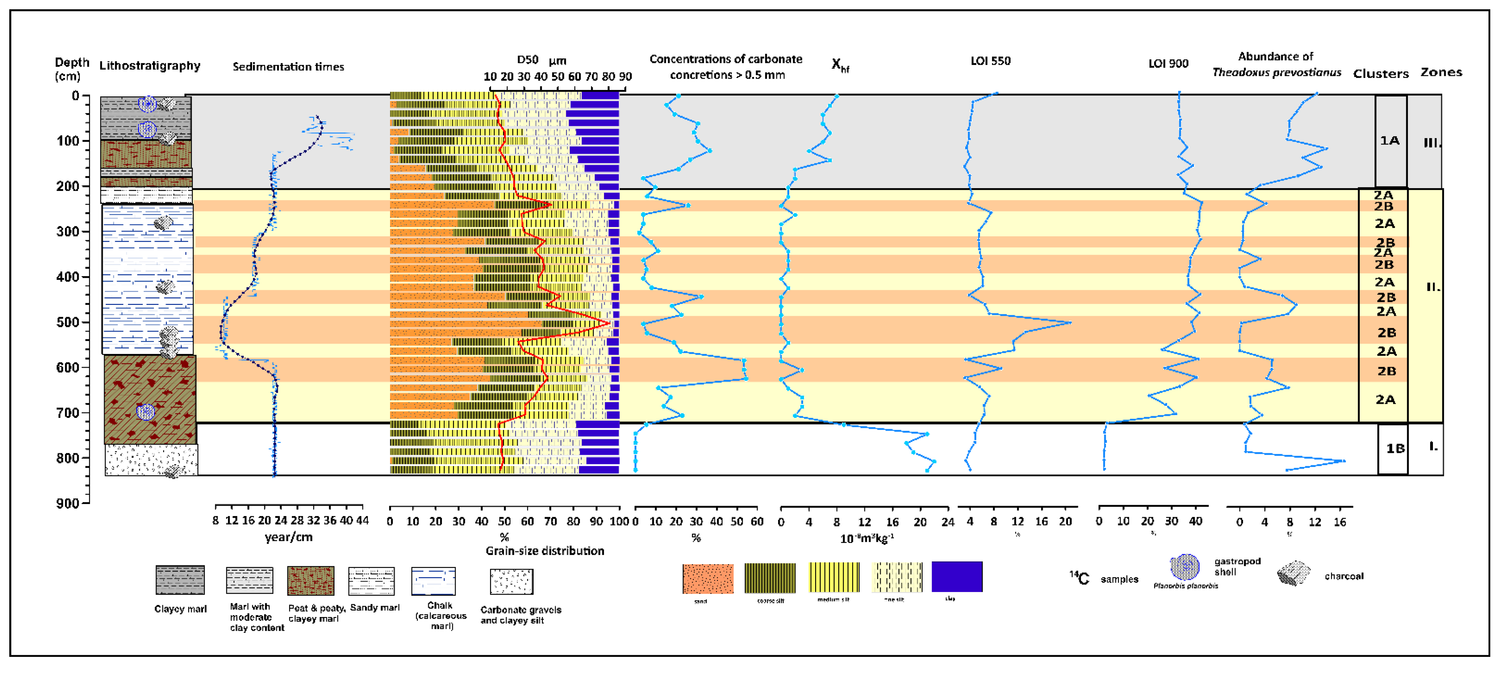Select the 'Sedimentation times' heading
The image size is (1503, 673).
(x=288, y=67)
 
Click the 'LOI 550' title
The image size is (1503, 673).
(x=990, y=61)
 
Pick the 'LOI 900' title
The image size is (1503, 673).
(x=1168, y=64)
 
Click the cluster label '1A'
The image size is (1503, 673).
(x=1389, y=140)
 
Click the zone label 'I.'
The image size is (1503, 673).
(x=1433, y=447)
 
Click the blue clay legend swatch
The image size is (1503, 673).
(x=957, y=577)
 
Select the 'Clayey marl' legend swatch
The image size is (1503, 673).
(x=180, y=580)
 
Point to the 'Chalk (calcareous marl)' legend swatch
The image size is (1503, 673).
(x=433, y=581)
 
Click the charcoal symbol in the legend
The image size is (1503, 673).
(x=1293, y=573)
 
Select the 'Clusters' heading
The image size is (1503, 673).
(x=1380, y=73)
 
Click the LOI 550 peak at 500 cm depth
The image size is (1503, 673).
(x=1070, y=322)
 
